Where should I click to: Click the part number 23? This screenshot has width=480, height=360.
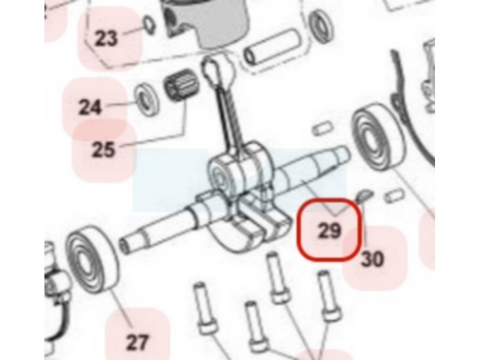pyautogui.click(x=106, y=38)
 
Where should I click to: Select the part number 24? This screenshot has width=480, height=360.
pyautogui.click(x=90, y=108)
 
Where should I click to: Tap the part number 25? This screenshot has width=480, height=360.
pyautogui.click(x=104, y=150)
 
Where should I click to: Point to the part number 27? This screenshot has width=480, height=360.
pyautogui.click(x=137, y=342)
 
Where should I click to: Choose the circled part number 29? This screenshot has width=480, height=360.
pyautogui.click(x=329, y=230)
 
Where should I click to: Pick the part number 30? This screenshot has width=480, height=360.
pyautogui.click(x=373, y=259)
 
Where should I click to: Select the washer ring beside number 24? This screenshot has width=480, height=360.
pyautogui.click(x=148, y=99)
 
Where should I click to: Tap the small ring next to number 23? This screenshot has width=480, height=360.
pyautogui.click(x=149, y=25)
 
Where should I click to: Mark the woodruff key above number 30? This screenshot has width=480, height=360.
pyautogui.click(x=365, y=196)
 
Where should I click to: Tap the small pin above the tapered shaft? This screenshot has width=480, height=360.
pyautogui.click(x=323, y=127)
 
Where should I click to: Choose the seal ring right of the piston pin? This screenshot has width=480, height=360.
pyautogui.click(x=321, y=26)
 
